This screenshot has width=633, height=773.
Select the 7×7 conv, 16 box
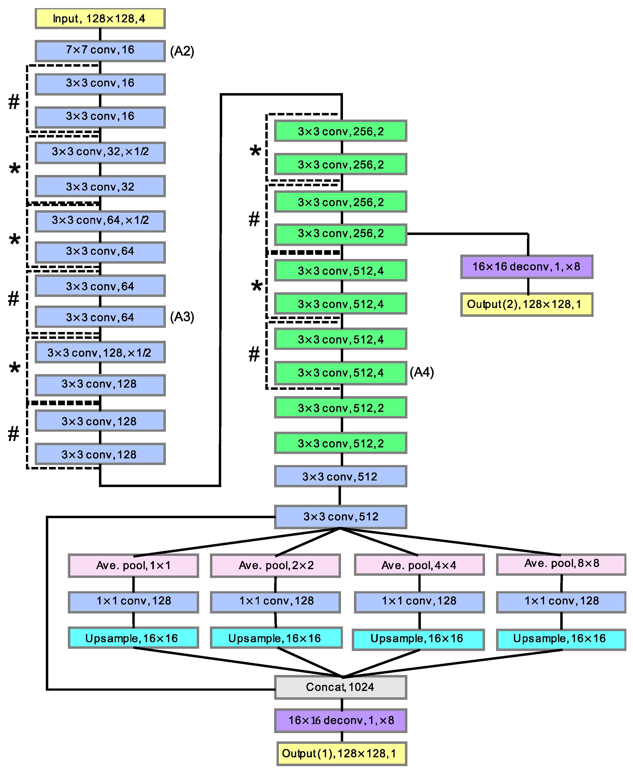click(x=100, y=50)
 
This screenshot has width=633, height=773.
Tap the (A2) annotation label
click(x=182, y=51)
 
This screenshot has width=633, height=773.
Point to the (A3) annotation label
click(x=182, y=317)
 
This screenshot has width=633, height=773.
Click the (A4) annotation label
click(x=422, y=372)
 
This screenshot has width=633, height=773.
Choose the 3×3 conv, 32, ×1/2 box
click(x=100, y=152)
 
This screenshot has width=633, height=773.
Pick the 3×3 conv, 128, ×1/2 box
click(x=100, y=352)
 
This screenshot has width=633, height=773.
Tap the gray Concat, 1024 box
click(x=340, y=687)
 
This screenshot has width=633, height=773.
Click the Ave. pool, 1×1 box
click(x=134, y=565)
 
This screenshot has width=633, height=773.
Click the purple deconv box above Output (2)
click(x=526, y=267)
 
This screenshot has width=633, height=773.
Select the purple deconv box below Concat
click(x=340, y=720)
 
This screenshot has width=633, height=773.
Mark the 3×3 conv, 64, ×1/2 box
click(x=100, y=221)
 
